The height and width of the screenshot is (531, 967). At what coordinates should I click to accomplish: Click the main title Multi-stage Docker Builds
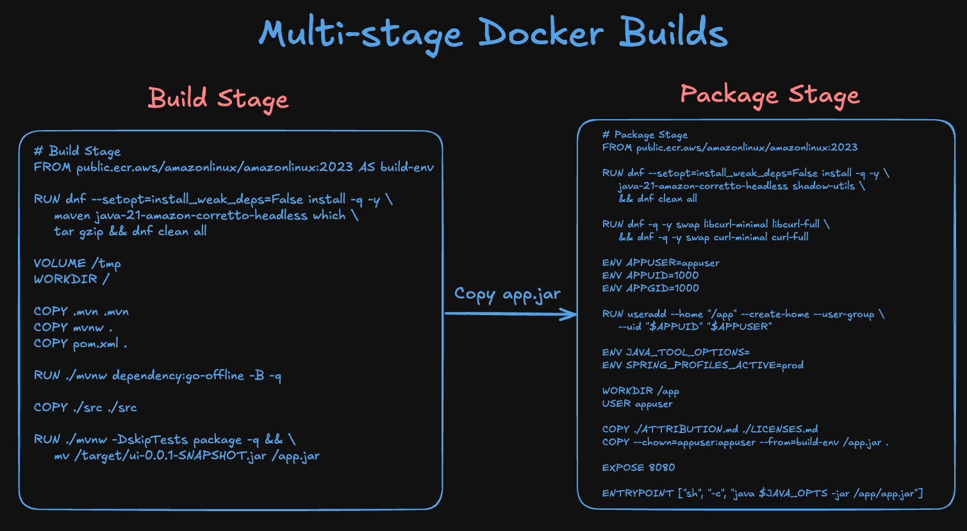[493, 33]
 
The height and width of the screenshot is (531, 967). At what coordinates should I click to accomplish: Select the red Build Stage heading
[218, 99]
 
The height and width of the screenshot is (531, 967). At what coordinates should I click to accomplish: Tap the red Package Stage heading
[770, 95]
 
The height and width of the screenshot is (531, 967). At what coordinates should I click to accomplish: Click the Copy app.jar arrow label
[507, 294]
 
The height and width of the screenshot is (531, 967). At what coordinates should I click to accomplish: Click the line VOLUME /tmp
[77, 263]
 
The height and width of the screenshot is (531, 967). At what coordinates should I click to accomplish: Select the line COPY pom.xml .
[80, 343]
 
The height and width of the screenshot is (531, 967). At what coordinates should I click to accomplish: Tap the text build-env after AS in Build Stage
[407, 167]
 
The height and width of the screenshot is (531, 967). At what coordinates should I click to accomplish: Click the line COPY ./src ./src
[85, 407]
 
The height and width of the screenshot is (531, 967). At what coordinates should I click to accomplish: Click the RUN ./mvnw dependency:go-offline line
[158, 375]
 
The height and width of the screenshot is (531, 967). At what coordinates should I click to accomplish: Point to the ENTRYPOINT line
[762, 493]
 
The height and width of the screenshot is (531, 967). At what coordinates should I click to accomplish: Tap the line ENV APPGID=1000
[650, 288]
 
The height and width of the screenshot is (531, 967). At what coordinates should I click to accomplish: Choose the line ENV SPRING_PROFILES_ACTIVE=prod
[702, 365]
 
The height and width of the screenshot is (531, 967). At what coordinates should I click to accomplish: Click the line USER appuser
[637, 404]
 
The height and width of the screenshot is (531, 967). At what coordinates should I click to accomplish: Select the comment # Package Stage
[645, 135]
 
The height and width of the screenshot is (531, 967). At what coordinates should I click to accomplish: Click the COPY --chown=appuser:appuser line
[745, 442]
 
